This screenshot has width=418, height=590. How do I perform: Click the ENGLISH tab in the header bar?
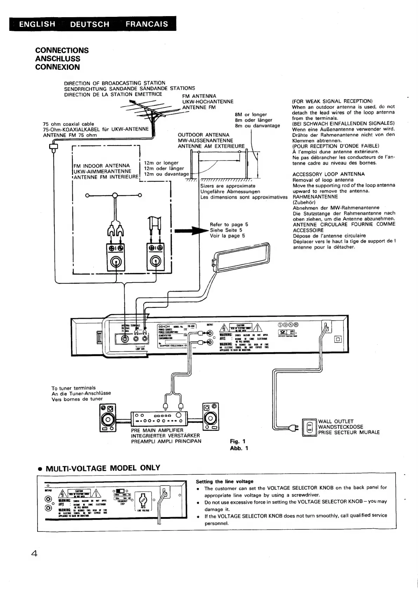[x=37, y=24]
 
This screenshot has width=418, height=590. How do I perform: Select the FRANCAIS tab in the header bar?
[x=147, y=24]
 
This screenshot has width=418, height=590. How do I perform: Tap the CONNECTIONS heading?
[x=62, y=50]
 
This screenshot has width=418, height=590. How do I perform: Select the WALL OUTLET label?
[x=336, y=421]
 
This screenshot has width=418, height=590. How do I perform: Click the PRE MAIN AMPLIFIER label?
[x=157, y=430]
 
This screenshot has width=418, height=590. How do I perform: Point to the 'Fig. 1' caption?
[x=238, y=441]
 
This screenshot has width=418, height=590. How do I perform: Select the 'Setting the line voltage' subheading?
[x=224, y=482]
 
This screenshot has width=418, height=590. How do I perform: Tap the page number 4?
[x=34, y=554]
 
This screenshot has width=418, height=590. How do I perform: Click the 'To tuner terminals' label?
[x=73, y=388]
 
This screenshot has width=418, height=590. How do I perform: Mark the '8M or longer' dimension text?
[x=251, y=115]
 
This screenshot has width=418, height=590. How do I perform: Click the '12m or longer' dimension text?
[x=161, y=163]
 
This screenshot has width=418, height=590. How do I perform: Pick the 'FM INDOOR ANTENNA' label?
[x=102, y=165]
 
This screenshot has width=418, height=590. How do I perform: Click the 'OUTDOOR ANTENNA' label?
[x=204, y=135]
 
